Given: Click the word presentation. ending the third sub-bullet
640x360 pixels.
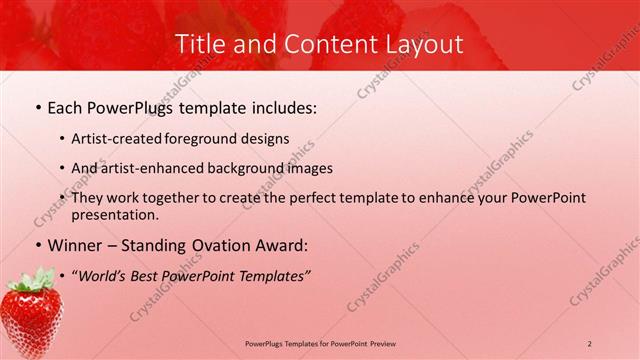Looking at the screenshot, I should tap(114, 214).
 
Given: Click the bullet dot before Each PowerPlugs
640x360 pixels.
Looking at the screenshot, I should tap(38, 106).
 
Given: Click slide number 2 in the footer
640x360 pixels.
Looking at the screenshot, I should tap(589, 343).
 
